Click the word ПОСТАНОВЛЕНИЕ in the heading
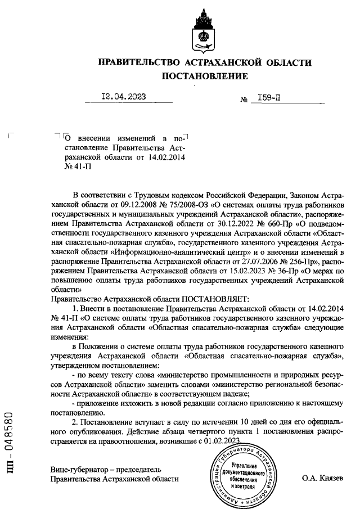tap(205, 75)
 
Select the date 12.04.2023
tap(123, 97)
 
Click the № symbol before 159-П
tap(244, 100)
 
